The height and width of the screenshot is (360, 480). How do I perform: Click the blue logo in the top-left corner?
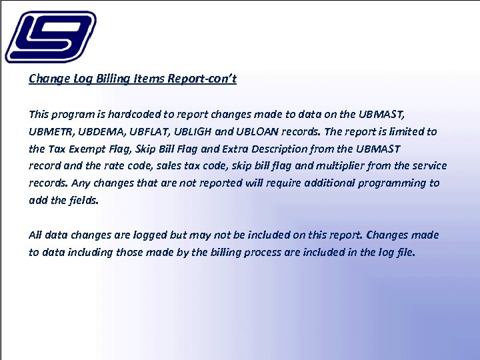(50, 37)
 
